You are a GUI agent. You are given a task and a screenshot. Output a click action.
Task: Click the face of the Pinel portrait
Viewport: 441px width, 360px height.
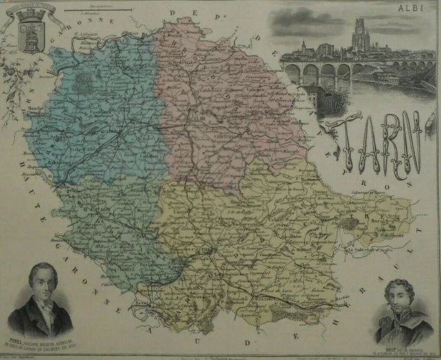click(x=41, y=283)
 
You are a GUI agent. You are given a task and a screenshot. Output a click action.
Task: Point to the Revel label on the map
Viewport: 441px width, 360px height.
click(x=142, y=303)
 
